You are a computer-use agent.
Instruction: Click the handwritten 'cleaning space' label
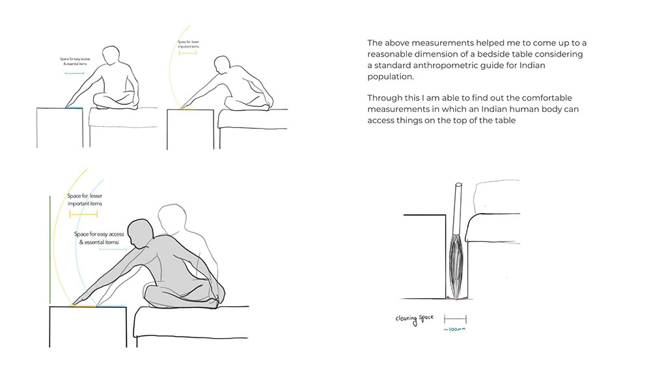click(x=414, y=319)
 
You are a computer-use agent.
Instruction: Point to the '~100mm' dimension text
click(x=454, y=330)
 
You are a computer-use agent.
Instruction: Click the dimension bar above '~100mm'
click(x=455, y=319)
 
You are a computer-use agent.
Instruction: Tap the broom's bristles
click(x=456, y=266)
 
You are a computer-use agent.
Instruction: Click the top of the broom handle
click(x=458, y=185)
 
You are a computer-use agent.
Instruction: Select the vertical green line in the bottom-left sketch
click(x=50, y=249)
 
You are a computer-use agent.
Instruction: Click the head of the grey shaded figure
click(x=141, y=232)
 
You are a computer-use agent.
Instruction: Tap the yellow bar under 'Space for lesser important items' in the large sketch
click(x=83, y=214)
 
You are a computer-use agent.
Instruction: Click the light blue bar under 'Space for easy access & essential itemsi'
click(x=113, y=249)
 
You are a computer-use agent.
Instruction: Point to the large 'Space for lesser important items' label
click(x=85, y=200)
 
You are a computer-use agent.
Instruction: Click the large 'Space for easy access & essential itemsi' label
click(x=99, y=238)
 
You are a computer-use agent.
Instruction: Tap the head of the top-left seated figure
click(x=111, y=55)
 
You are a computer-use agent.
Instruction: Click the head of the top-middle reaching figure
click(x=222, y=65)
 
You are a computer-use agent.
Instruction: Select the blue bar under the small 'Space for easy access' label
click(x=75, y=74)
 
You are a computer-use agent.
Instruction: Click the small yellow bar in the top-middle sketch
click(x=187, y=53)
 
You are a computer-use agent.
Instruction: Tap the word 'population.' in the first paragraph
click(x=391, y=77)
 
